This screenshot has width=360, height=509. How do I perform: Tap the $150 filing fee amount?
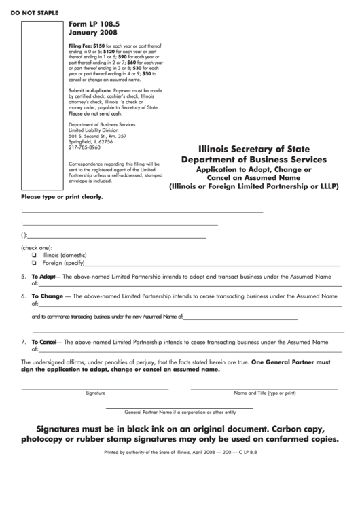tap(99, 44)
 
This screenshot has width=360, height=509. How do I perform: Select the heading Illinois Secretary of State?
tap(253, 149)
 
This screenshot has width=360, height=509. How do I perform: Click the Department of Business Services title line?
tap(253, 159)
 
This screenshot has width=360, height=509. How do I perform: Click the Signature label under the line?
tap(95, 393)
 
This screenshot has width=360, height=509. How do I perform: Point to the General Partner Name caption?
tap(180, 412)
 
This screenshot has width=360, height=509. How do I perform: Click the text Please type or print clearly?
tap(62, 198)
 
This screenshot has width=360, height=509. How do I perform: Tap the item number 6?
tap(24, 296)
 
